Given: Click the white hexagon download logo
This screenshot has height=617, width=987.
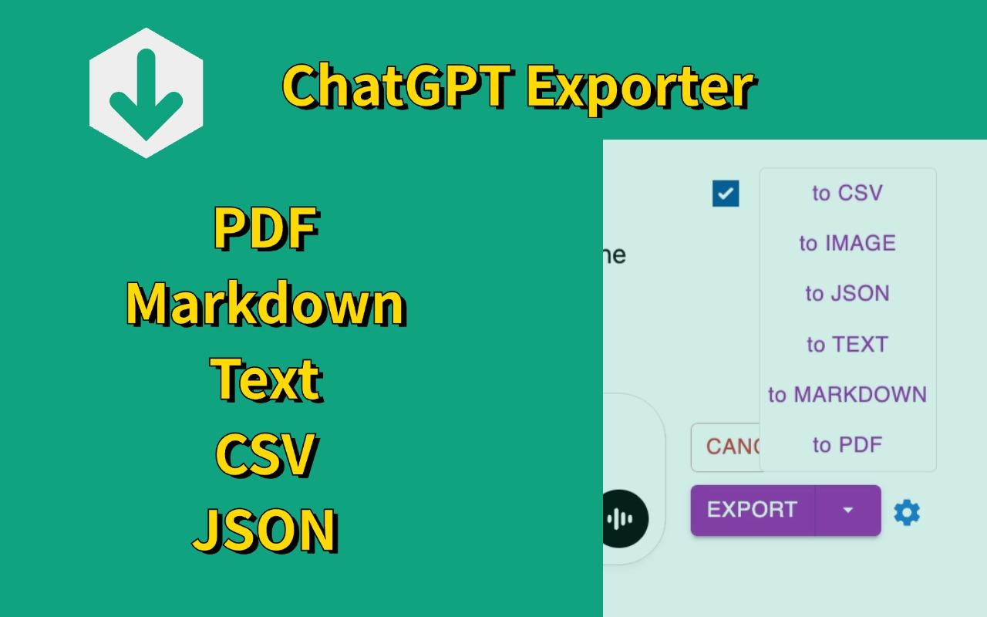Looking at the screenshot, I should [x=146, y=93].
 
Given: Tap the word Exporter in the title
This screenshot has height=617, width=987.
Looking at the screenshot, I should [x=640, y=86].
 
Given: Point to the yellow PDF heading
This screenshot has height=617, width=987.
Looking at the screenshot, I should [x=266, y=229].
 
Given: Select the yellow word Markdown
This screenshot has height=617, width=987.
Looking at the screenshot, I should [x=266, y=303].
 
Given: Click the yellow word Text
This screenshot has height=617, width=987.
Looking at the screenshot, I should [x=266, y=379].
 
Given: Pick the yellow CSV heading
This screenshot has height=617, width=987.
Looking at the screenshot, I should [x=266, y=453].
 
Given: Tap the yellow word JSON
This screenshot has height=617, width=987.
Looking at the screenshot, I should [x=266, y=529].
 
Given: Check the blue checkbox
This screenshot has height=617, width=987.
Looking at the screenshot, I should [x=726, y=194].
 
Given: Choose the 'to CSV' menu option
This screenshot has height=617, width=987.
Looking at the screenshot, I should [x=847, y=193].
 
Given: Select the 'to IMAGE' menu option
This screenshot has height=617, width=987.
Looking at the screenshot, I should [x=847, y=243].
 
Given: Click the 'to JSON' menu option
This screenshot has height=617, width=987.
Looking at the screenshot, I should [x=847, y=294].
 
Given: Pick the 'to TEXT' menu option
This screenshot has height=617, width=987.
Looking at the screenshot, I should [x=847, y=344].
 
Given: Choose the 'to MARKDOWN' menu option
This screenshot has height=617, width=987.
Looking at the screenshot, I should [x=847, y=394].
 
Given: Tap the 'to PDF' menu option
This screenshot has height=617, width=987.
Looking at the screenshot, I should [x=847, y=445].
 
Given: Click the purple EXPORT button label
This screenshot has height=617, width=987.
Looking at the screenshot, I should [x=752, y=510].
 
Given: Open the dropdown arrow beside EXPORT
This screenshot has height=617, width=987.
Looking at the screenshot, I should [x=848, y=510].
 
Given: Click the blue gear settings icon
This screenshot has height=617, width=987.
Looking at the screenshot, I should [x=907, y=512].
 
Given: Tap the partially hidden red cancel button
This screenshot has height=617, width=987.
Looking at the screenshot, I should [x=726, y=447].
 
